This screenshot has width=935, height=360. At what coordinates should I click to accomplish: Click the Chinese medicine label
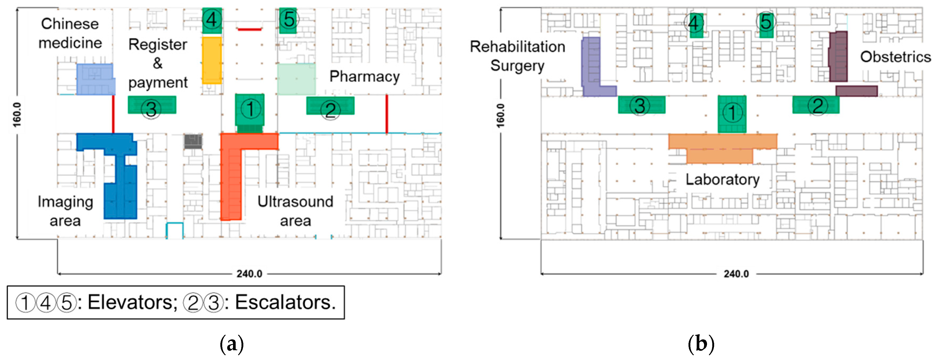coord(70,33)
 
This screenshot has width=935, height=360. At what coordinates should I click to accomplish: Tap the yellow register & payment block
coord(212,60)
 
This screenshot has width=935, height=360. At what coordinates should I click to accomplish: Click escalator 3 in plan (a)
coord(152,105)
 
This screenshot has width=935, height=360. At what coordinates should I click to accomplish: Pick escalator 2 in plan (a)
coord(330,106)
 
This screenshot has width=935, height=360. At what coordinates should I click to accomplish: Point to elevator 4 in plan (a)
coord(212,20)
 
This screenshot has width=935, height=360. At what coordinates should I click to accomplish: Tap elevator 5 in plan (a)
coord(288,20)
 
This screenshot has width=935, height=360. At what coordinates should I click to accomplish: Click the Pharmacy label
coord(364,77)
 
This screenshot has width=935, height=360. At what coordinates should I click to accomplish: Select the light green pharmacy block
coord(296,79)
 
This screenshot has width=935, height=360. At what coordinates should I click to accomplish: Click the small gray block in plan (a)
coord(193,141)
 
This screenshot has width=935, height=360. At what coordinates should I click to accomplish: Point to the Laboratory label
coord(722,180)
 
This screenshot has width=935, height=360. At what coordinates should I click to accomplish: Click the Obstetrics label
coord(895,57)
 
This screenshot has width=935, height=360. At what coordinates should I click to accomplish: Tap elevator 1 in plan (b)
coord(732,114)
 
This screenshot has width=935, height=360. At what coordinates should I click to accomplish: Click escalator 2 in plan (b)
coord(816,105)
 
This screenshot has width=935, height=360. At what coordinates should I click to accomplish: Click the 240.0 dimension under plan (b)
coord(736,274)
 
